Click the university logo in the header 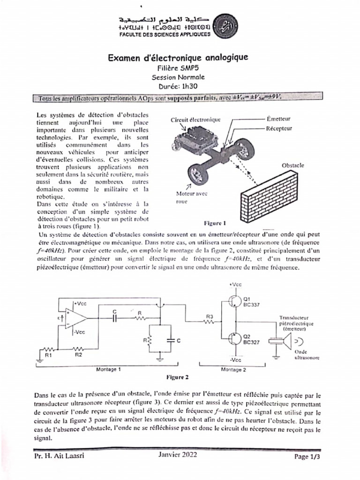(x=225, y=25)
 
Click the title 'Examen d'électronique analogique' (x=178, y=58)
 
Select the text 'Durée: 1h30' (x=178, y=86)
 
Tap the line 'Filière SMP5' (x=178, y=68)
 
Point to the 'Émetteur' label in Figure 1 (x=278, y=120)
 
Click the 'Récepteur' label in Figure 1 (x=279, y=128)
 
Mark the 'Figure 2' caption (x=178, y=377)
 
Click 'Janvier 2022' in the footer (x=178, y=455)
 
